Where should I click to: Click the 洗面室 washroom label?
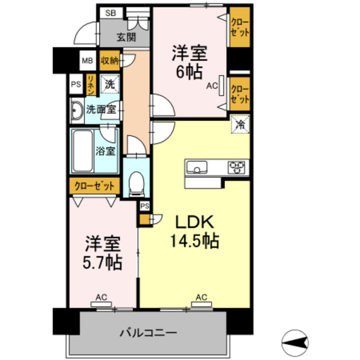click(x=101, y=110)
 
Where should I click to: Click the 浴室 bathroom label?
click(x=105, y=151)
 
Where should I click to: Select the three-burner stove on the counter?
click(x=237, y=166)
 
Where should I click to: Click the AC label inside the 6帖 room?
click(x=211, y=86)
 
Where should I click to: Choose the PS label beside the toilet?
click(x=145, y=206)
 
